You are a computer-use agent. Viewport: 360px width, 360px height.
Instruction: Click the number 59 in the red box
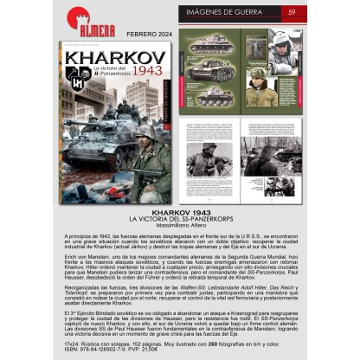point(293,11)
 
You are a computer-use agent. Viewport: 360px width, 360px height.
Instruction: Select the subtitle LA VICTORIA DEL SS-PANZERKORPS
point(179,217)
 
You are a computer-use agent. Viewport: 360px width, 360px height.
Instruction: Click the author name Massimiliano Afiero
point(179,223)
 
